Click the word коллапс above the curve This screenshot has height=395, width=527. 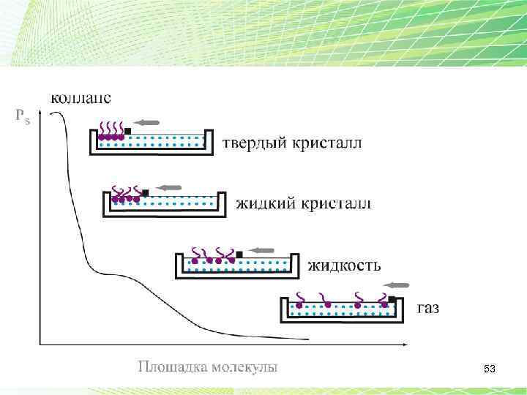pyautogui.click(x=81, y=97)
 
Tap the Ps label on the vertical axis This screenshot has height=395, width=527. pyautogui.click(x=23, y=116)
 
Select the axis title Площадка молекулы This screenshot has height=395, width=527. pyautogui.click(x=208, y=366)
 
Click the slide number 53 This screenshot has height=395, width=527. pyautogui.click(x=490, y=370)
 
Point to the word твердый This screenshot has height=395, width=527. pyautogui.click(x=253, y=143)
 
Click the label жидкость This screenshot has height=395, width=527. pyautogui.click(x=343, y=264)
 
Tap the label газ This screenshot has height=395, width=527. pyautogui.click(x=428, y=307)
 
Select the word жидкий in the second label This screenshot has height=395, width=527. pyautogui.click(x=262, y=203)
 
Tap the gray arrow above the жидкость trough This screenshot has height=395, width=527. pyautogui.click(x=261, y=250)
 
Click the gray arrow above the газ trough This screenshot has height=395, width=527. pyautogui.click(x=399, y=285)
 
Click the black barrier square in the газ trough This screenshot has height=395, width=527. pyautogui.click(x=392, y=298)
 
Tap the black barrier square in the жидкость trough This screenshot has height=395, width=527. pyautogui.click(x=239, y=255)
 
